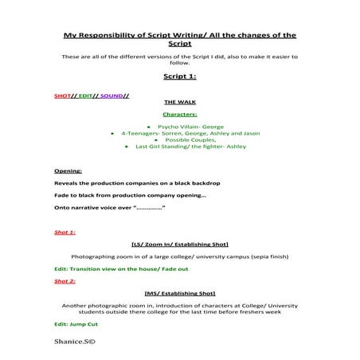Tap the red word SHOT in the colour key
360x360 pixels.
pos(64,96)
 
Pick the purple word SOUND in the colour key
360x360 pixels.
pos(112,96)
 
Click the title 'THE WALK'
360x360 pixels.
pos(179,103)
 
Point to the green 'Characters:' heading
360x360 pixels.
pos(179,114)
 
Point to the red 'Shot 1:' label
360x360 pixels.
pos(65,232)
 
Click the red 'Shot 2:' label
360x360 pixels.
pos(65,281)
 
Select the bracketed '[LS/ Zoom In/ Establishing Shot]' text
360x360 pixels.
pos(179,245)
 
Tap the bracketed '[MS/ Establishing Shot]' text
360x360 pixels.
pos(179,293)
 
